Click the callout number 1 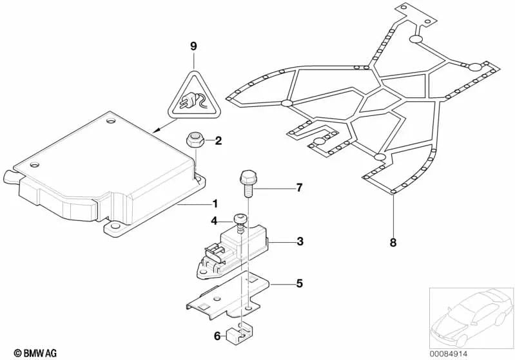(215, 205)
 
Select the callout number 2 (218, 140)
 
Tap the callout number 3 (300, 242)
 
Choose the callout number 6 (217, 336)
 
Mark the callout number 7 (298, 188)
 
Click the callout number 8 (393, 243)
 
